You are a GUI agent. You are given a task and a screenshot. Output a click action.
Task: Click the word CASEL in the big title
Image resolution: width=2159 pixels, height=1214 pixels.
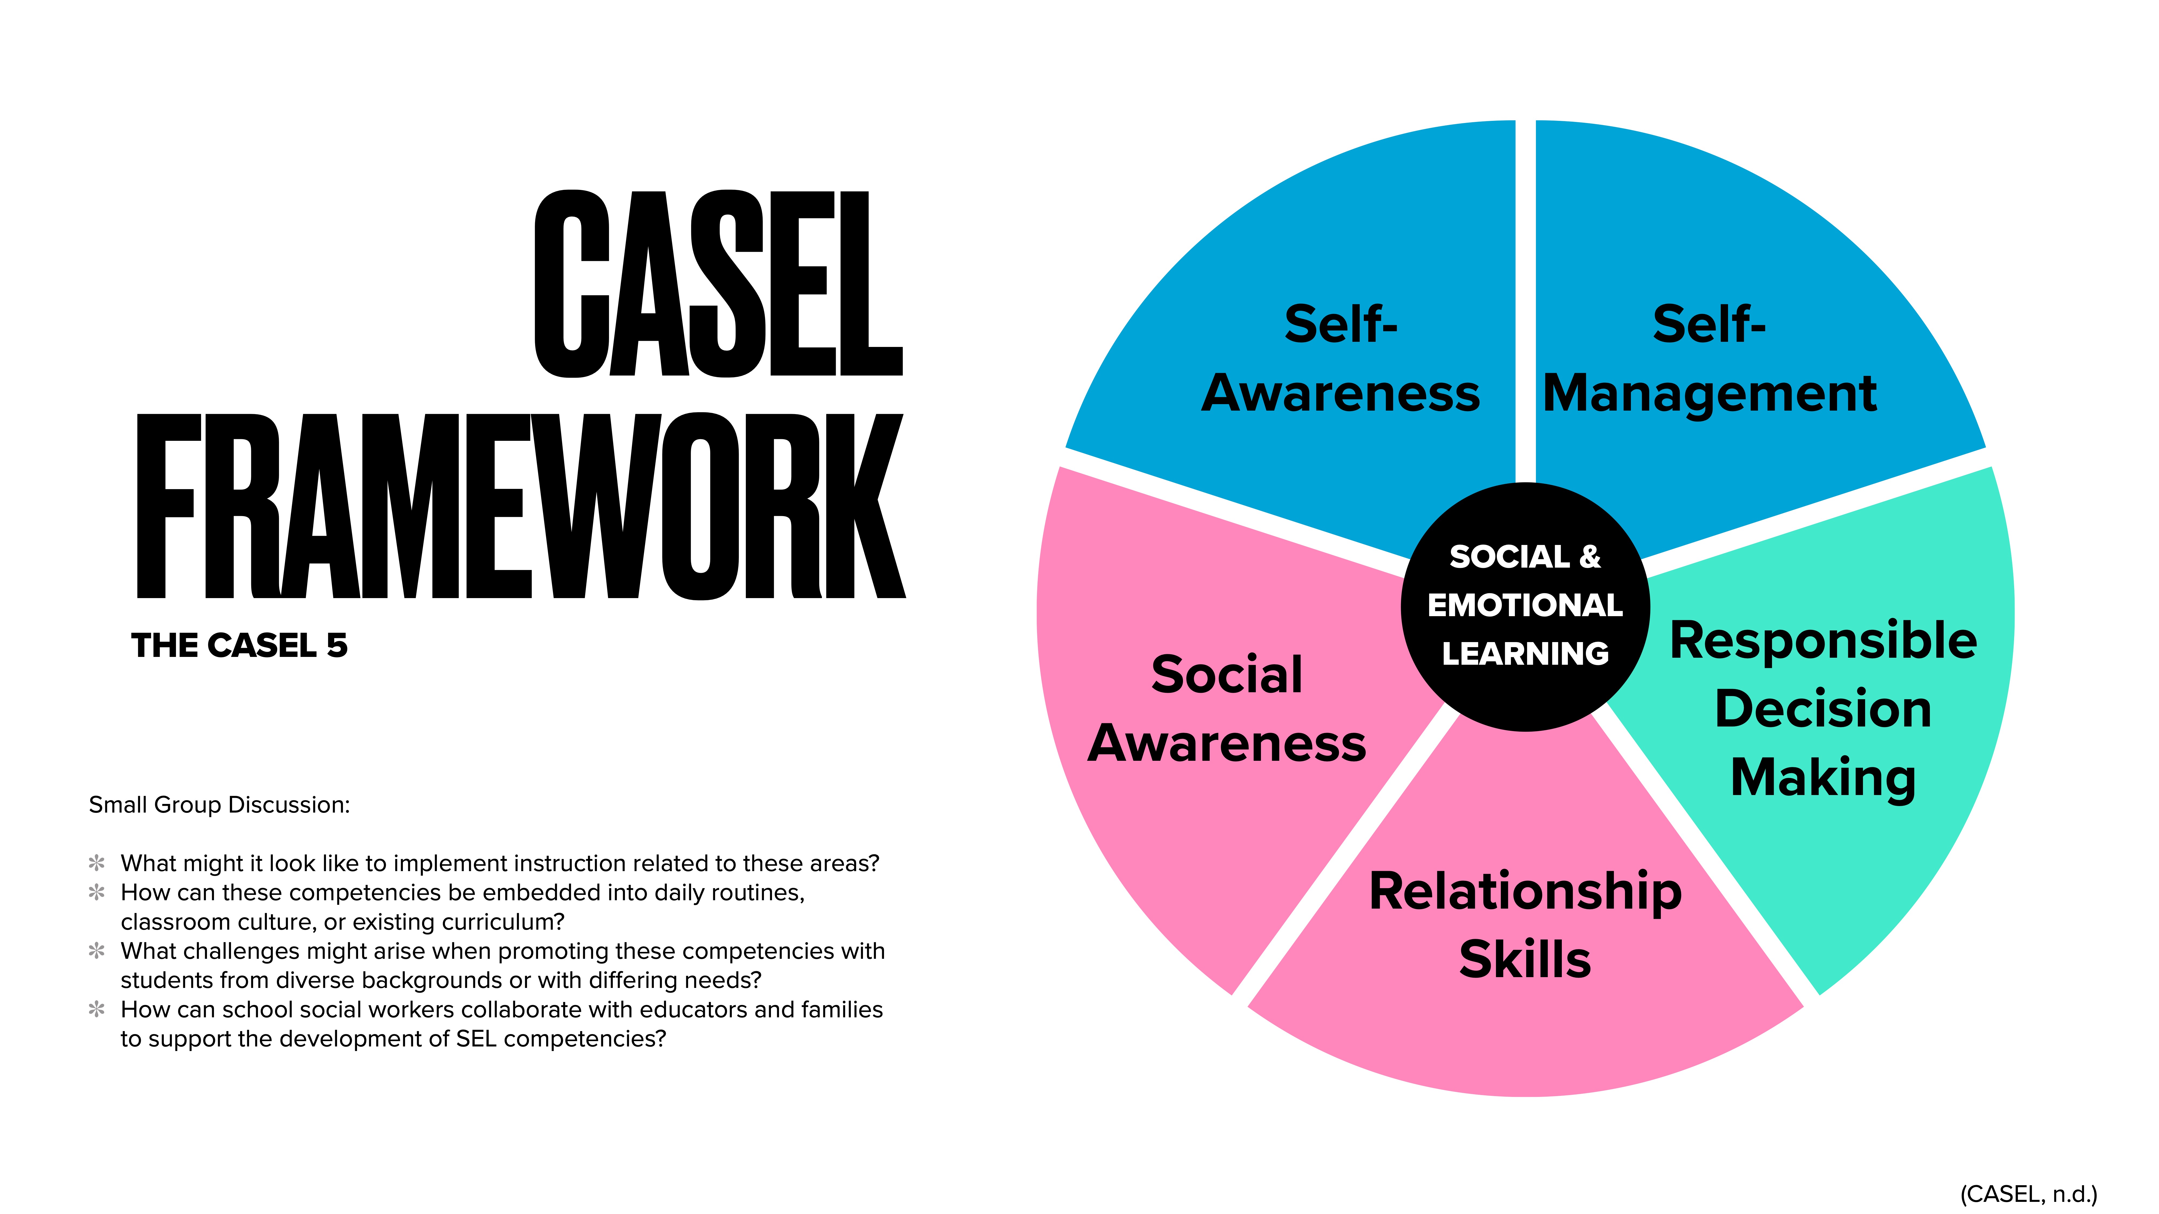click(x=718, y=283)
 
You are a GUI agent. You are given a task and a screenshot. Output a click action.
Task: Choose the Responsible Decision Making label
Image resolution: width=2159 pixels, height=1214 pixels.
click(x=1823, y=709)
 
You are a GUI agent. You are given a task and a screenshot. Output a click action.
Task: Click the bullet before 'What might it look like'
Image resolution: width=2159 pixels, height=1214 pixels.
click(x=97, y=863)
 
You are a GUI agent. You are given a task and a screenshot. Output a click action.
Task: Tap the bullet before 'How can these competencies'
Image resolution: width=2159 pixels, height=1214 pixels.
click(x=97, y=892)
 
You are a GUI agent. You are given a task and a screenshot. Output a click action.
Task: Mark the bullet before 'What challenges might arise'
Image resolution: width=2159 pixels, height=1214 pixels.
click(x=97, y=951)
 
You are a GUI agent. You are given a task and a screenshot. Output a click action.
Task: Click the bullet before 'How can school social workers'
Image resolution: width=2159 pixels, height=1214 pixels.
click(x=97, y=1010)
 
